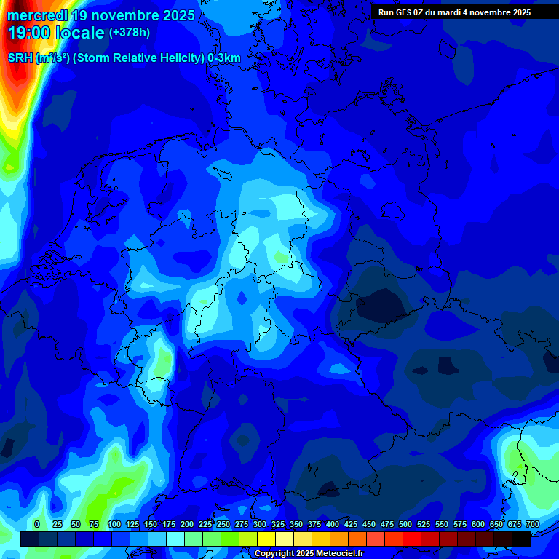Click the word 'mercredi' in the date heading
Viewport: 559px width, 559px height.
coord(37,15)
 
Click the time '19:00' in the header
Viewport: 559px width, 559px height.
coord(31,33)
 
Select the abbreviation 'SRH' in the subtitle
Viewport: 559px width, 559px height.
coord(20,58)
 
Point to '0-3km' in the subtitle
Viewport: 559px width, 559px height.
coord(223,58)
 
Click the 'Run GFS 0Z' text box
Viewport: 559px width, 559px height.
coord(454,12)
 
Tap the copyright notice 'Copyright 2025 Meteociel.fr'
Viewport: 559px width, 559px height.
coord(308,554)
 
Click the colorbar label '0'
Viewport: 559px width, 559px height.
coord(37,524)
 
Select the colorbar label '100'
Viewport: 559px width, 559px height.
coord(114,524)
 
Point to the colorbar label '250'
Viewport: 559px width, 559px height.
coord(223,524)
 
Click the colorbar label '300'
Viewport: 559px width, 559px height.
coord(259,524)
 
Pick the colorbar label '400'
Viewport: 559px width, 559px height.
coord(332,524)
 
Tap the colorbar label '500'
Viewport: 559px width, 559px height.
coord(405,524)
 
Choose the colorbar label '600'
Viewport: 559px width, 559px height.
coord(477,524)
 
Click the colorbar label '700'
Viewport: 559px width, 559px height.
coord(532,524)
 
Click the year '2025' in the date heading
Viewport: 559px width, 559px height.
coord(175,15)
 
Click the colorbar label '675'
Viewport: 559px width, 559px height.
coord(514,524)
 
